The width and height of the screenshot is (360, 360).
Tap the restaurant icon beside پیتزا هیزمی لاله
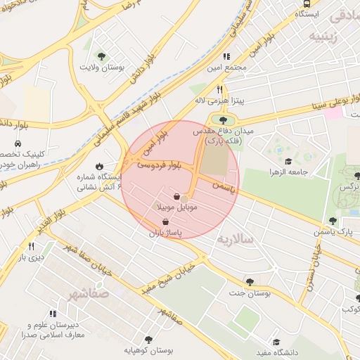pyautogui.click(x=220, y=89)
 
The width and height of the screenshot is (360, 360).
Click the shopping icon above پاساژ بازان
pyautogui.click(x=165, y=221)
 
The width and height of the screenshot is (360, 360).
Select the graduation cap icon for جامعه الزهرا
pyautogui.click(x=278, y=159)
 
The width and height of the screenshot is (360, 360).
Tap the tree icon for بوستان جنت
pyautogui.click(x=250, y=282)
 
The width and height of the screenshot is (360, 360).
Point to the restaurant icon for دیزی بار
pyautogui.click(x=31, y=246)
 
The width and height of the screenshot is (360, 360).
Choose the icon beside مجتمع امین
pyautogui.click(x=226, y=56)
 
